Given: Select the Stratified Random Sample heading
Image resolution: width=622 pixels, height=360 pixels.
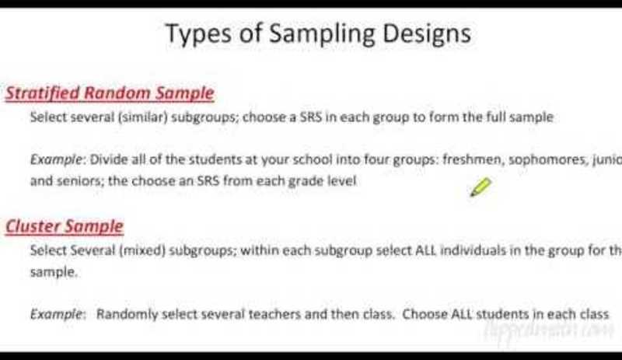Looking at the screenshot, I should pyautogui.click(x=110, y=93).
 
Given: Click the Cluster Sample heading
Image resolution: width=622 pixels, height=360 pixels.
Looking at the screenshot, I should pyautogui.click(x=65, y=226).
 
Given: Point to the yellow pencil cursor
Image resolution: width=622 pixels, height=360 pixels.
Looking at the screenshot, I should pyautogui.click(x=480, y=187).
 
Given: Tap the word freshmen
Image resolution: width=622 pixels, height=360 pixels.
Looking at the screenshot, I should pyautogui.click(x=473, y=160).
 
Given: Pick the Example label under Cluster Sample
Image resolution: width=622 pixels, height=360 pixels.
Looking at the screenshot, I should pyautogui.click(x=57, y=315).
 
